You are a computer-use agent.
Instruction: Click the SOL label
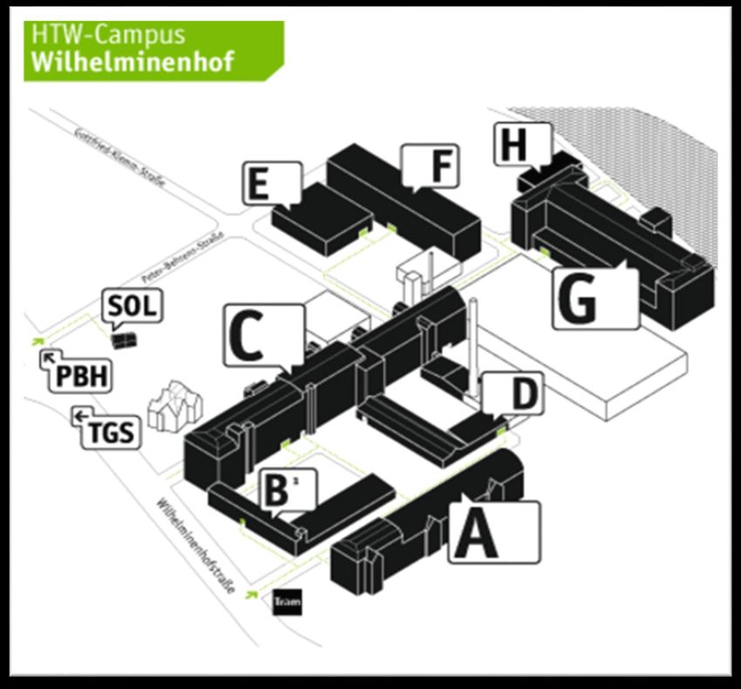click(133, 307)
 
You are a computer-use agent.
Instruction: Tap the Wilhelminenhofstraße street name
click(197, 545)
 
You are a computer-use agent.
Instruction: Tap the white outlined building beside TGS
click(175, 406)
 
